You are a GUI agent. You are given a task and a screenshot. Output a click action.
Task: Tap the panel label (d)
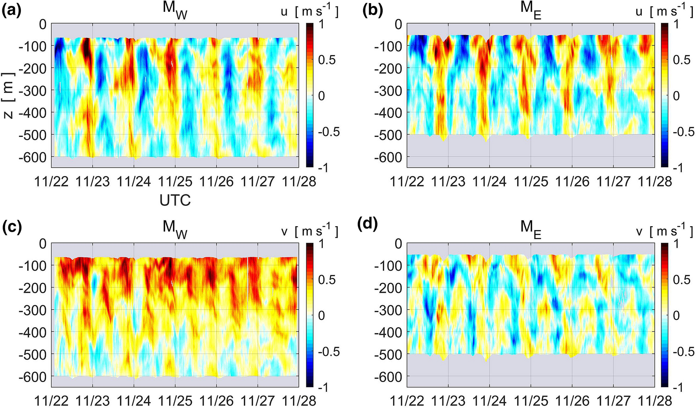[x=367, y=225]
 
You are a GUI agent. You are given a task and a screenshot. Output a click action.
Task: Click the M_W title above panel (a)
[x=175, y=11]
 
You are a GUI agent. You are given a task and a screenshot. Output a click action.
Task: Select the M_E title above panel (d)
[x=531, y=229]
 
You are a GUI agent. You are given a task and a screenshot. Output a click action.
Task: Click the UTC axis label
[x=175, y=200]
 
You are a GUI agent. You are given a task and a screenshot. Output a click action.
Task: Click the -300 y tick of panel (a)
[x=33, y=91]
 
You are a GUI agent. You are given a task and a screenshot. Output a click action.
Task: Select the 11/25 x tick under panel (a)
[x=175, y=181]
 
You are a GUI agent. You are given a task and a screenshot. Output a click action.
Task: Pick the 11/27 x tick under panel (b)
[x=613, y=181]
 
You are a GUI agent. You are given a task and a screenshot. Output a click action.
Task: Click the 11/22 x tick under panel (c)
[x=51, y=401]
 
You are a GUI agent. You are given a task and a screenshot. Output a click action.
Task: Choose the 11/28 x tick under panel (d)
[x=655, y=401]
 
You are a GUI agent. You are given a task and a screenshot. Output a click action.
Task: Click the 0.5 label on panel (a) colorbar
[x=327, y=60]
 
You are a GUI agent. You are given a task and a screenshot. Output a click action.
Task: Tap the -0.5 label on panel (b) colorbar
[x=681, y=132]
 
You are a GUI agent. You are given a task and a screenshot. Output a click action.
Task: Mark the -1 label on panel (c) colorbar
[x=322, y=388]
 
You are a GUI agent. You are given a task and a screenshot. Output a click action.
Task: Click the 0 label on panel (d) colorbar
[x=676, y=315]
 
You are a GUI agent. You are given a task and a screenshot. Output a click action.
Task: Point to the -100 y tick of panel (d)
[x=388, y=266]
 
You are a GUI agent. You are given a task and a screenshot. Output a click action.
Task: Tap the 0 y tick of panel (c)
[x=42, y=244]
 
